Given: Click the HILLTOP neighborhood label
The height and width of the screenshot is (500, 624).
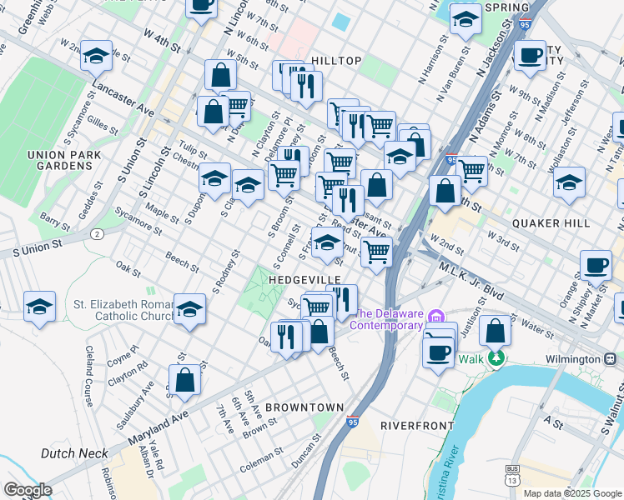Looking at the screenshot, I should tap(336, 61).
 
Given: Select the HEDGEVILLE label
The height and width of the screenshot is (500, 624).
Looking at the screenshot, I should tap(304, 279).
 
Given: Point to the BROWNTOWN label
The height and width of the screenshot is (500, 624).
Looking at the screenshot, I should tap(304, 407).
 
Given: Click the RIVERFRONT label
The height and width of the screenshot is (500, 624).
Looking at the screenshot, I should tap(416, 425).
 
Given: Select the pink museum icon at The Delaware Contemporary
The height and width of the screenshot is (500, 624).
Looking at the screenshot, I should tap(435, 317).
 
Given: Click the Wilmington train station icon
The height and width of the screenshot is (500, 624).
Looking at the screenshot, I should tap(612, 359).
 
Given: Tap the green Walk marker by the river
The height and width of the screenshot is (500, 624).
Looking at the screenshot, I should tap(496, 358).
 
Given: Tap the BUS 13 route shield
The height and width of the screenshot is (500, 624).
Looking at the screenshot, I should tap(513, 476).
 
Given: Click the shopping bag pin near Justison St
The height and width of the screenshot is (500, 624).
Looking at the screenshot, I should tap(496, 332).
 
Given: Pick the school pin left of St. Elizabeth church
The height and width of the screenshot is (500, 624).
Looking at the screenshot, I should tap(40, 307).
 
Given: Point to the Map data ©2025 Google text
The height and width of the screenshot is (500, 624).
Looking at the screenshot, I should tap(571, 493).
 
